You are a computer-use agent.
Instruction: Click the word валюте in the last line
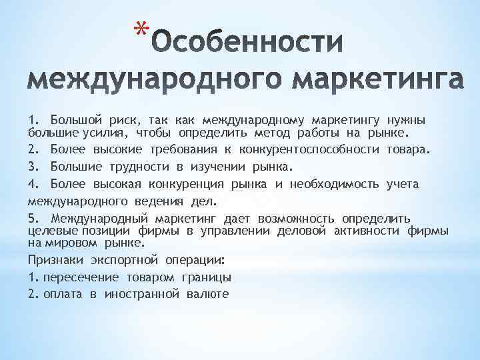point(206,294)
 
